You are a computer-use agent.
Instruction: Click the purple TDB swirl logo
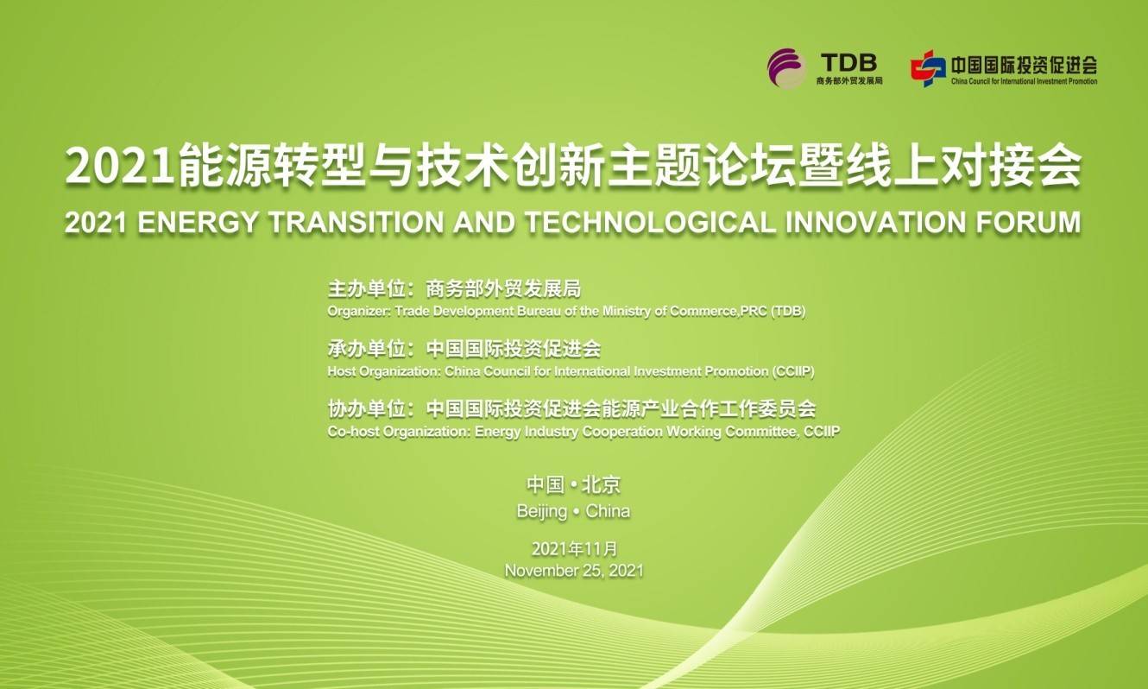coord(786,68)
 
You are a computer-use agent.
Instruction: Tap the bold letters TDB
coord(848,63)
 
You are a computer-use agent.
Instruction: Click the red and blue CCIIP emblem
coord(928,68)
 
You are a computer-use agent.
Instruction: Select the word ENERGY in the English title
coord(198,223)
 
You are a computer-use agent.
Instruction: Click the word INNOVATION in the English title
coord(875,223)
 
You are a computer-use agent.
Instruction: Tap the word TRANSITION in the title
coord(356,223)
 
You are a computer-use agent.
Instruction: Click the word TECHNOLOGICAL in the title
coord(650,223)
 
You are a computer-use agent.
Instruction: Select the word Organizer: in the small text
coord(359,311)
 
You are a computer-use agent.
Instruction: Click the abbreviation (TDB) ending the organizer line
coord(788,311)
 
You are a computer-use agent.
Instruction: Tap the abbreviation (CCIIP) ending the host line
coord(793,371)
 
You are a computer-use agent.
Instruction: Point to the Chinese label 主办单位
coord(367,289)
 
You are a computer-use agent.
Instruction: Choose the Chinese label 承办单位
coord(367,349)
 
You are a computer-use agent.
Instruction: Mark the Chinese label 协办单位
coord(367,409)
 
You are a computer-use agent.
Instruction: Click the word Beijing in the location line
coord(542,512)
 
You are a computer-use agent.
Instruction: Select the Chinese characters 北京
coord(601,485)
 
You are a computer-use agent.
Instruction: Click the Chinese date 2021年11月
coord(575,549)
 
